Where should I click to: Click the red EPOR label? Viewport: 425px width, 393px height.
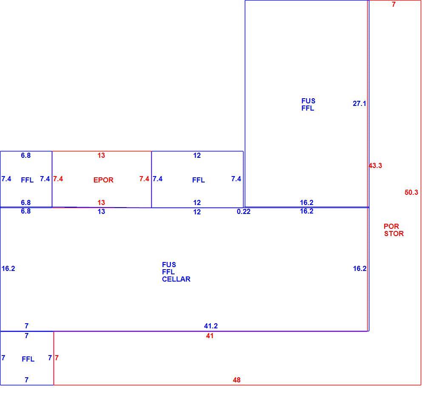(x=103, y=180)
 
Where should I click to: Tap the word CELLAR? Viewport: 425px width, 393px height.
(x=176, y=279)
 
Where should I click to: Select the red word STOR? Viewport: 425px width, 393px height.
(x=394, y=234)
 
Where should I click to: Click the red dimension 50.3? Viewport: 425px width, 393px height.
(x=411, y=192)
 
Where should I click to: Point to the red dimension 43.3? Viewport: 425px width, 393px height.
(x=375, y=165)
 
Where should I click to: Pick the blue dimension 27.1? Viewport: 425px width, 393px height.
(x=360, y=103)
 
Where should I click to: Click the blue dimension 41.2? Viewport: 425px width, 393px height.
(x=211, y=326)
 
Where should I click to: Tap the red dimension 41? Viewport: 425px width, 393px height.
(x=210, y=336)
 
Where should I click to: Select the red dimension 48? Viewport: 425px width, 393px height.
(x=237, y=380)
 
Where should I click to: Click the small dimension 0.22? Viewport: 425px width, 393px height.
(x=244, y=211)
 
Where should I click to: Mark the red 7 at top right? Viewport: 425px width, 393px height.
(x=394, y=4)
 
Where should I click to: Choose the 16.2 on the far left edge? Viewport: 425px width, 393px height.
(x=8, y=268)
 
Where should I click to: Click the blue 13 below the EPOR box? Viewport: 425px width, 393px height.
(x=102, y=211)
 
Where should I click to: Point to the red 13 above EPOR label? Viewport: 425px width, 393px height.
(x=101, y=155)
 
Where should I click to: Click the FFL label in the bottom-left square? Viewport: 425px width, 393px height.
(x=28, y=359)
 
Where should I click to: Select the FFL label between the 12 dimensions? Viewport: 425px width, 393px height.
(x=198, y=180)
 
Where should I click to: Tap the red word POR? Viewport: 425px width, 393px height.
(x=391, y=226)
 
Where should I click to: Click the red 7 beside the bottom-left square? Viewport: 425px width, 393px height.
(x=57, y=358)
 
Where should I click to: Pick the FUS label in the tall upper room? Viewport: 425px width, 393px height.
(x=309, y=101)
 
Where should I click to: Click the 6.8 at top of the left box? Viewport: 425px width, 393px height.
(x=26, y=155)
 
